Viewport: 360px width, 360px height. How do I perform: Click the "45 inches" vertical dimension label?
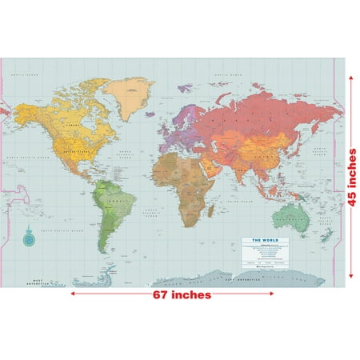pos(352,175)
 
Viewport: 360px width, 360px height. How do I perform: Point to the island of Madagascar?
pos(212,210)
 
